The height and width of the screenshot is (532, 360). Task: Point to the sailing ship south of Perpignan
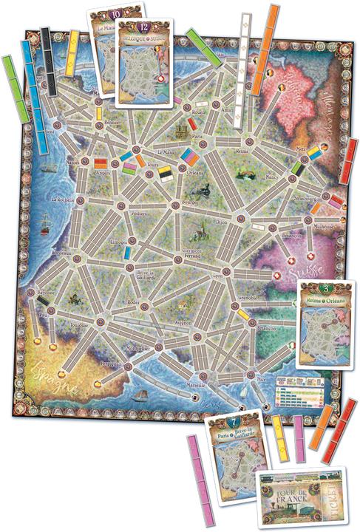click(138, 397)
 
